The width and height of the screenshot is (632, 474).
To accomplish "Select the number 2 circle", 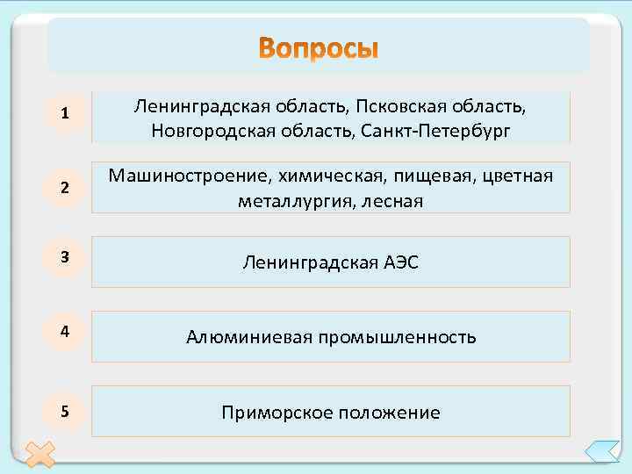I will pos(66,187).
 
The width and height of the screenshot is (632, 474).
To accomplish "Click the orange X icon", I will pos(39,455).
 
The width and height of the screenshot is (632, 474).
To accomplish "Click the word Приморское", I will pos(274,412).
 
